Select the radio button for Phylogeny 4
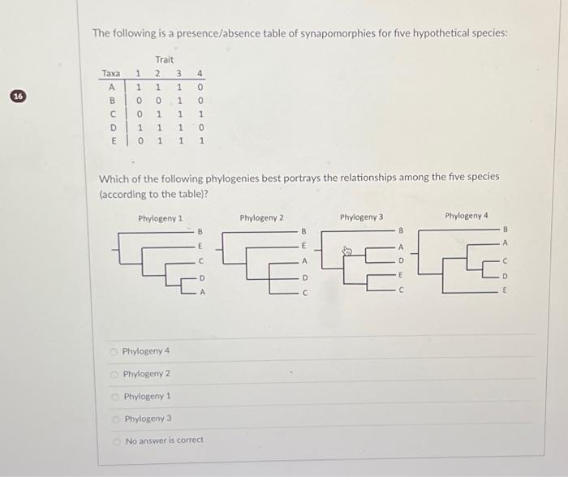coord(115,350)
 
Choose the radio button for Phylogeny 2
coord(115,373)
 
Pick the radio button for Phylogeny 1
coord(115,396)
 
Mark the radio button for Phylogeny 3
coord(115,419)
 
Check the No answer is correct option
coord(115,440)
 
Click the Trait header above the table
coord(164,59)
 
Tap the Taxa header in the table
coord(110,73)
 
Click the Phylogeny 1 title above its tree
coord(160,218)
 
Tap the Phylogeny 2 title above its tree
coord(262,218)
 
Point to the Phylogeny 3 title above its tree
coord(362,217)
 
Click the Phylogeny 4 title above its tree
coord(467,216)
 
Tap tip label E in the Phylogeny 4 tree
coord(504,289)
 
